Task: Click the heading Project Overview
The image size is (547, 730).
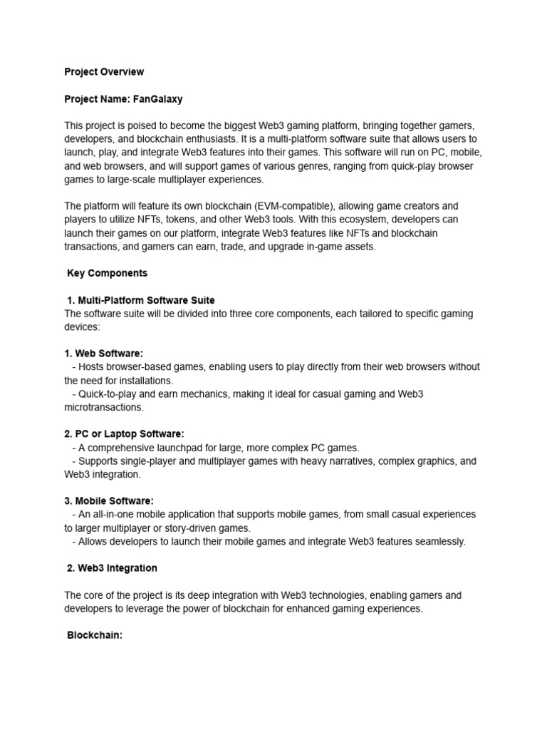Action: [104, 72]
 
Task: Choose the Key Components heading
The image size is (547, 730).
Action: [107, 273]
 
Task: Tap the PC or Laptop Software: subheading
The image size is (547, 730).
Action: [130, 434]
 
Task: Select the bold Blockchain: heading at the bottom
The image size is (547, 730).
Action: [95, 635]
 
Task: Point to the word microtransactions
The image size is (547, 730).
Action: [103, 407]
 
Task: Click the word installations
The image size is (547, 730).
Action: [144, 381]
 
